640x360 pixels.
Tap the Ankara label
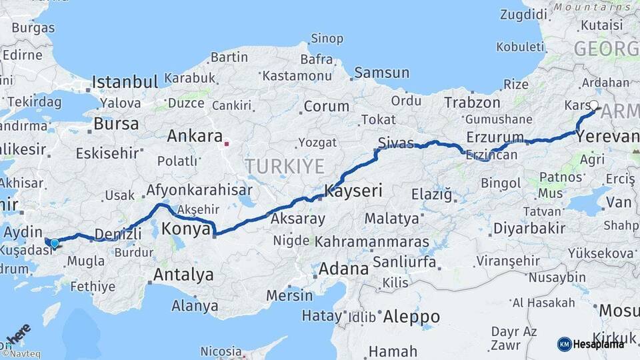tap(194, 136)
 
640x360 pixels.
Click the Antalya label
tap(183, 275)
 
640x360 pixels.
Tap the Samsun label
tap(381, 73)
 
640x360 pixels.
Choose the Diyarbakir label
tap(529, 229)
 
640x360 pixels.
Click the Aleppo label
tap(411, 317)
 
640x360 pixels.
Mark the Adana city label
tap(343, 269)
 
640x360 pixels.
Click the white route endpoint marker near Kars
tap(594, 105)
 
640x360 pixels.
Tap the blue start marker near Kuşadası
tap(54, 243)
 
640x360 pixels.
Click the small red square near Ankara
tap(227, 143)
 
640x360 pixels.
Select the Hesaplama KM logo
tap(591, 344)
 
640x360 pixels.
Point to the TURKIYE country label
tap(284, 166)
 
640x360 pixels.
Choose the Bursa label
tap(116, 124)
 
